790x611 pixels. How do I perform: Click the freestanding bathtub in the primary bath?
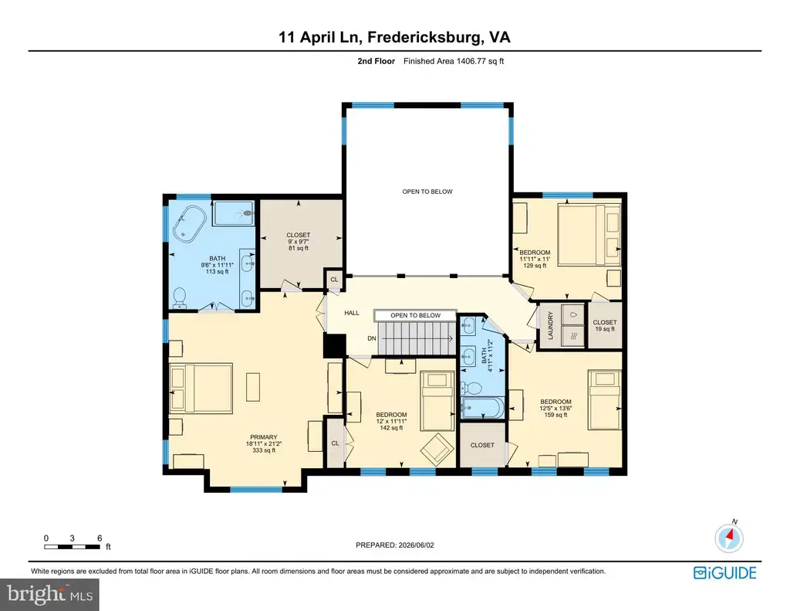[x=190, y=223]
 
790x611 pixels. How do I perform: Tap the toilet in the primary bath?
[x=179, y=298]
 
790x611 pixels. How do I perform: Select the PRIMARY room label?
[x=264, y=437]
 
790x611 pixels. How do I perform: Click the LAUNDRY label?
[x=550, y=325]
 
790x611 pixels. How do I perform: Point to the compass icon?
[x=729, y=537]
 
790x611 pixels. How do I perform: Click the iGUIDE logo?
[x=724, y=573]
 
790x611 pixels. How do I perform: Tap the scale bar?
[x=72, y=547]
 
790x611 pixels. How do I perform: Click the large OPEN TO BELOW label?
[x=427, y=192]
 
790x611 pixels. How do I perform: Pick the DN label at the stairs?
[x=372, y=338]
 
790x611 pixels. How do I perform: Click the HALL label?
[x=352, y=313]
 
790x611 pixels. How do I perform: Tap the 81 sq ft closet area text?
[x=299, y=248]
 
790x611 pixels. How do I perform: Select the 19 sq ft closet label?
[x=605, y=329]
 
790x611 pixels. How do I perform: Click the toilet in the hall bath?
[x=471, y=389]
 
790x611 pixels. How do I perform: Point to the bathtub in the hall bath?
[x=483, y=408]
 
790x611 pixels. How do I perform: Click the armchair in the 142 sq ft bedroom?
[x=435, y=448]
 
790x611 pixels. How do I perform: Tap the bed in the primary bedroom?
[x=201, y=388]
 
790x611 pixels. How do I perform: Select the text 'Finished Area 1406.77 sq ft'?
[x=454, y=61]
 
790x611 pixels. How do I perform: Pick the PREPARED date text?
[x=394, y=545]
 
